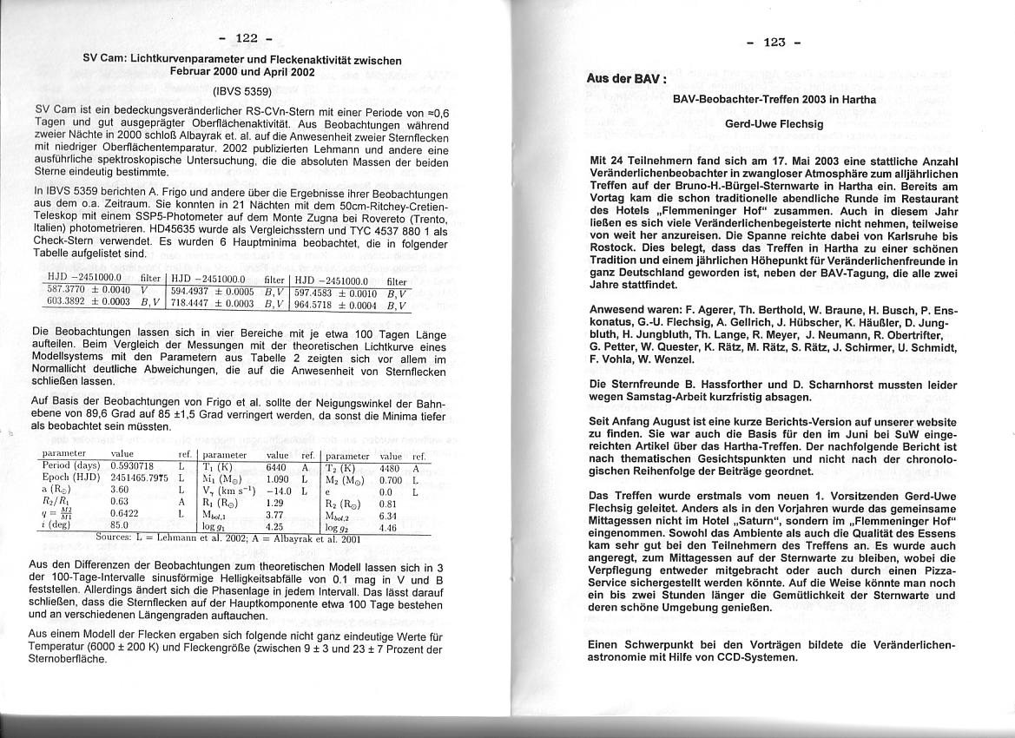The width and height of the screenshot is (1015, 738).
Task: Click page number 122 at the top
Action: pyautogui.click(x=247, y=38)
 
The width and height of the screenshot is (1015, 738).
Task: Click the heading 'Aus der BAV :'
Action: pyautogui.click(x=627, y=78)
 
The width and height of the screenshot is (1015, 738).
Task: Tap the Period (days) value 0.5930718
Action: pyautogui.click(x=132, y=465)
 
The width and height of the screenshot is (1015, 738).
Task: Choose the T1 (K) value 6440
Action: pyautogui.click(x=278, y=465)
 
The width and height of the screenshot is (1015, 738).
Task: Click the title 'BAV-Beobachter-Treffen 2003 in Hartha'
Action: pyautogui.click(x=774, y=99)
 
